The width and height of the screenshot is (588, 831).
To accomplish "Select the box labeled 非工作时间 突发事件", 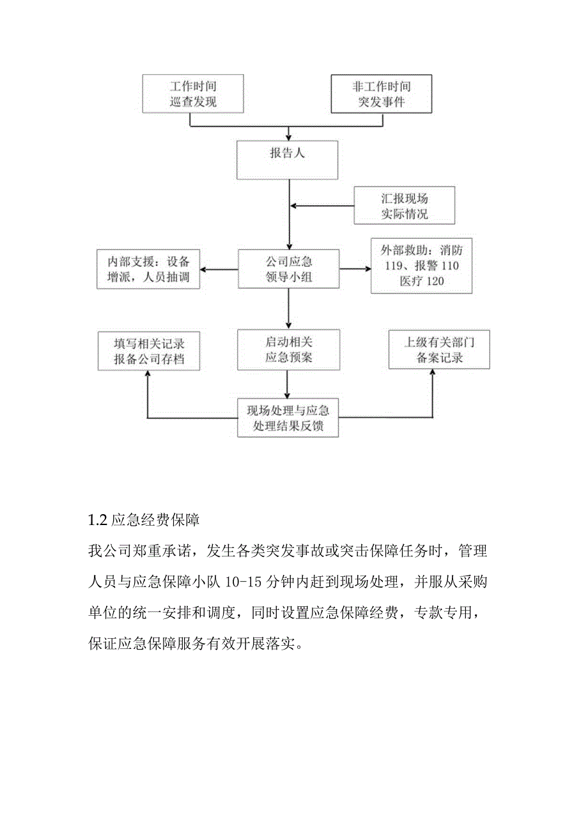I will click(x=381, y=94).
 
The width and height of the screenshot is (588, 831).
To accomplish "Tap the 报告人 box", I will click(x=288, y=160).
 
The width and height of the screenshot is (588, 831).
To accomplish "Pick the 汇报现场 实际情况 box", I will click(x=405, y=206).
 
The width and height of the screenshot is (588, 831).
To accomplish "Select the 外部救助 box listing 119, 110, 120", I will click(x=421, y=266).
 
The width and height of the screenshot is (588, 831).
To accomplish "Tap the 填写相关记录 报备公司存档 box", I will click(x=149, y=350).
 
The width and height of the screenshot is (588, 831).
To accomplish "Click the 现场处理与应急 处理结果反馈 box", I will click(x=288, y=418).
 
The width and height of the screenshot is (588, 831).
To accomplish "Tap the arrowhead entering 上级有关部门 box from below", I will click(x=432, y=374).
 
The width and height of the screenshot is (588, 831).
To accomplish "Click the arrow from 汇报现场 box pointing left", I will click(x=323, y=206).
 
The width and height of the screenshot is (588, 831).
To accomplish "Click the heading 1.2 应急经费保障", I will click(x=144, y=520).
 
